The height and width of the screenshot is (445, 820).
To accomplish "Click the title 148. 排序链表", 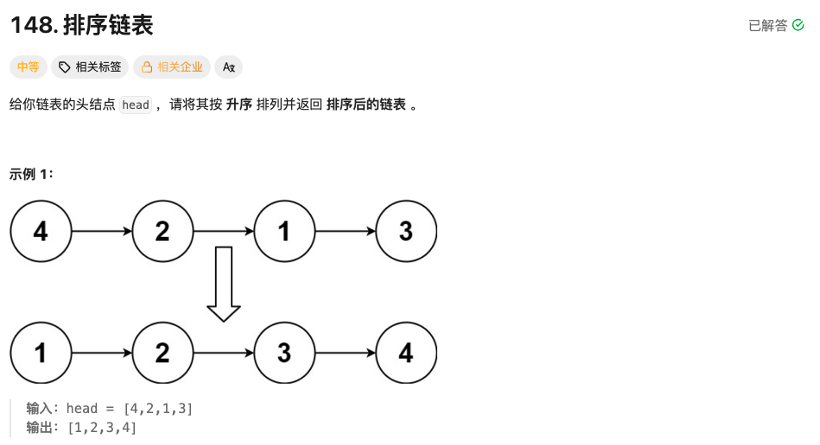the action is point(81,25).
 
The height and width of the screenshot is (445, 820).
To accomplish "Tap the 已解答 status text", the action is point(767,26).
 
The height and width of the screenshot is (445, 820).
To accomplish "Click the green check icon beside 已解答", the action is point(798,26).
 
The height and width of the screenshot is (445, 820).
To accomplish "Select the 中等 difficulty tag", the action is point(28,67).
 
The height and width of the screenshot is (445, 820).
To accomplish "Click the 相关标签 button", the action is point(90,67).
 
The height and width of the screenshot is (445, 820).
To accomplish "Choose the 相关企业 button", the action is point(171,67).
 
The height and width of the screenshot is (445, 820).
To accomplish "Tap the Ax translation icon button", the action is point(228,67).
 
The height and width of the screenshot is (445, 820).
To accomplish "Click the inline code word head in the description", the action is point(136,105).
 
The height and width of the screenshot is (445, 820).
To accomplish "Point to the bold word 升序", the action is point(238,105).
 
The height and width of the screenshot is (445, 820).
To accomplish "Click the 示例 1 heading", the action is point(32,174).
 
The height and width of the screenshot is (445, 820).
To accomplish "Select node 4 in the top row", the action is point(41,232).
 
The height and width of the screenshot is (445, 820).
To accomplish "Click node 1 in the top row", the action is point(284,232).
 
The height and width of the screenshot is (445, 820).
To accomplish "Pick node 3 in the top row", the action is point(405,232).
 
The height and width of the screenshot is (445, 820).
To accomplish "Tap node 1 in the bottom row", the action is point(41,353).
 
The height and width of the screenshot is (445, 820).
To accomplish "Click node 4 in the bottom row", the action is point(405,353).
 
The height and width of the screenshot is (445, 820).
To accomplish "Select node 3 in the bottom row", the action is point(284,353).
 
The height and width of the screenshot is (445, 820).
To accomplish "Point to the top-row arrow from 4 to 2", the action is point(102,232).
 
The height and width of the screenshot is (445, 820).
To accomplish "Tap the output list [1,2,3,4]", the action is point(102,428).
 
